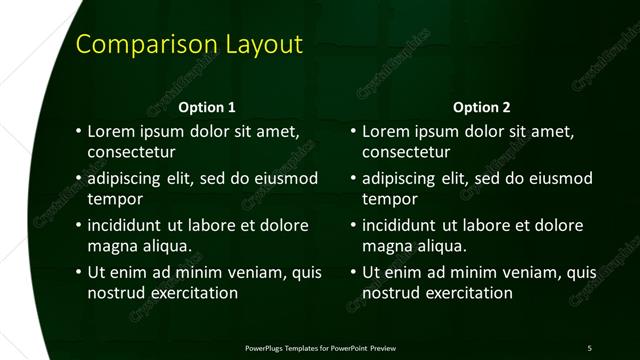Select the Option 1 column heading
click(x=207, y=107)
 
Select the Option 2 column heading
click(x=482, y=107)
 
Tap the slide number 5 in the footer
click(x=589, y=348)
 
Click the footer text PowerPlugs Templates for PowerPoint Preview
click(x=320, y=348)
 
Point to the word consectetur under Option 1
click(x=132, y=153)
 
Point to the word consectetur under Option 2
click(x=407, y=153)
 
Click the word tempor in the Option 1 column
click(x=114, y=199)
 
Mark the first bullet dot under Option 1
click(x=79, y=131)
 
